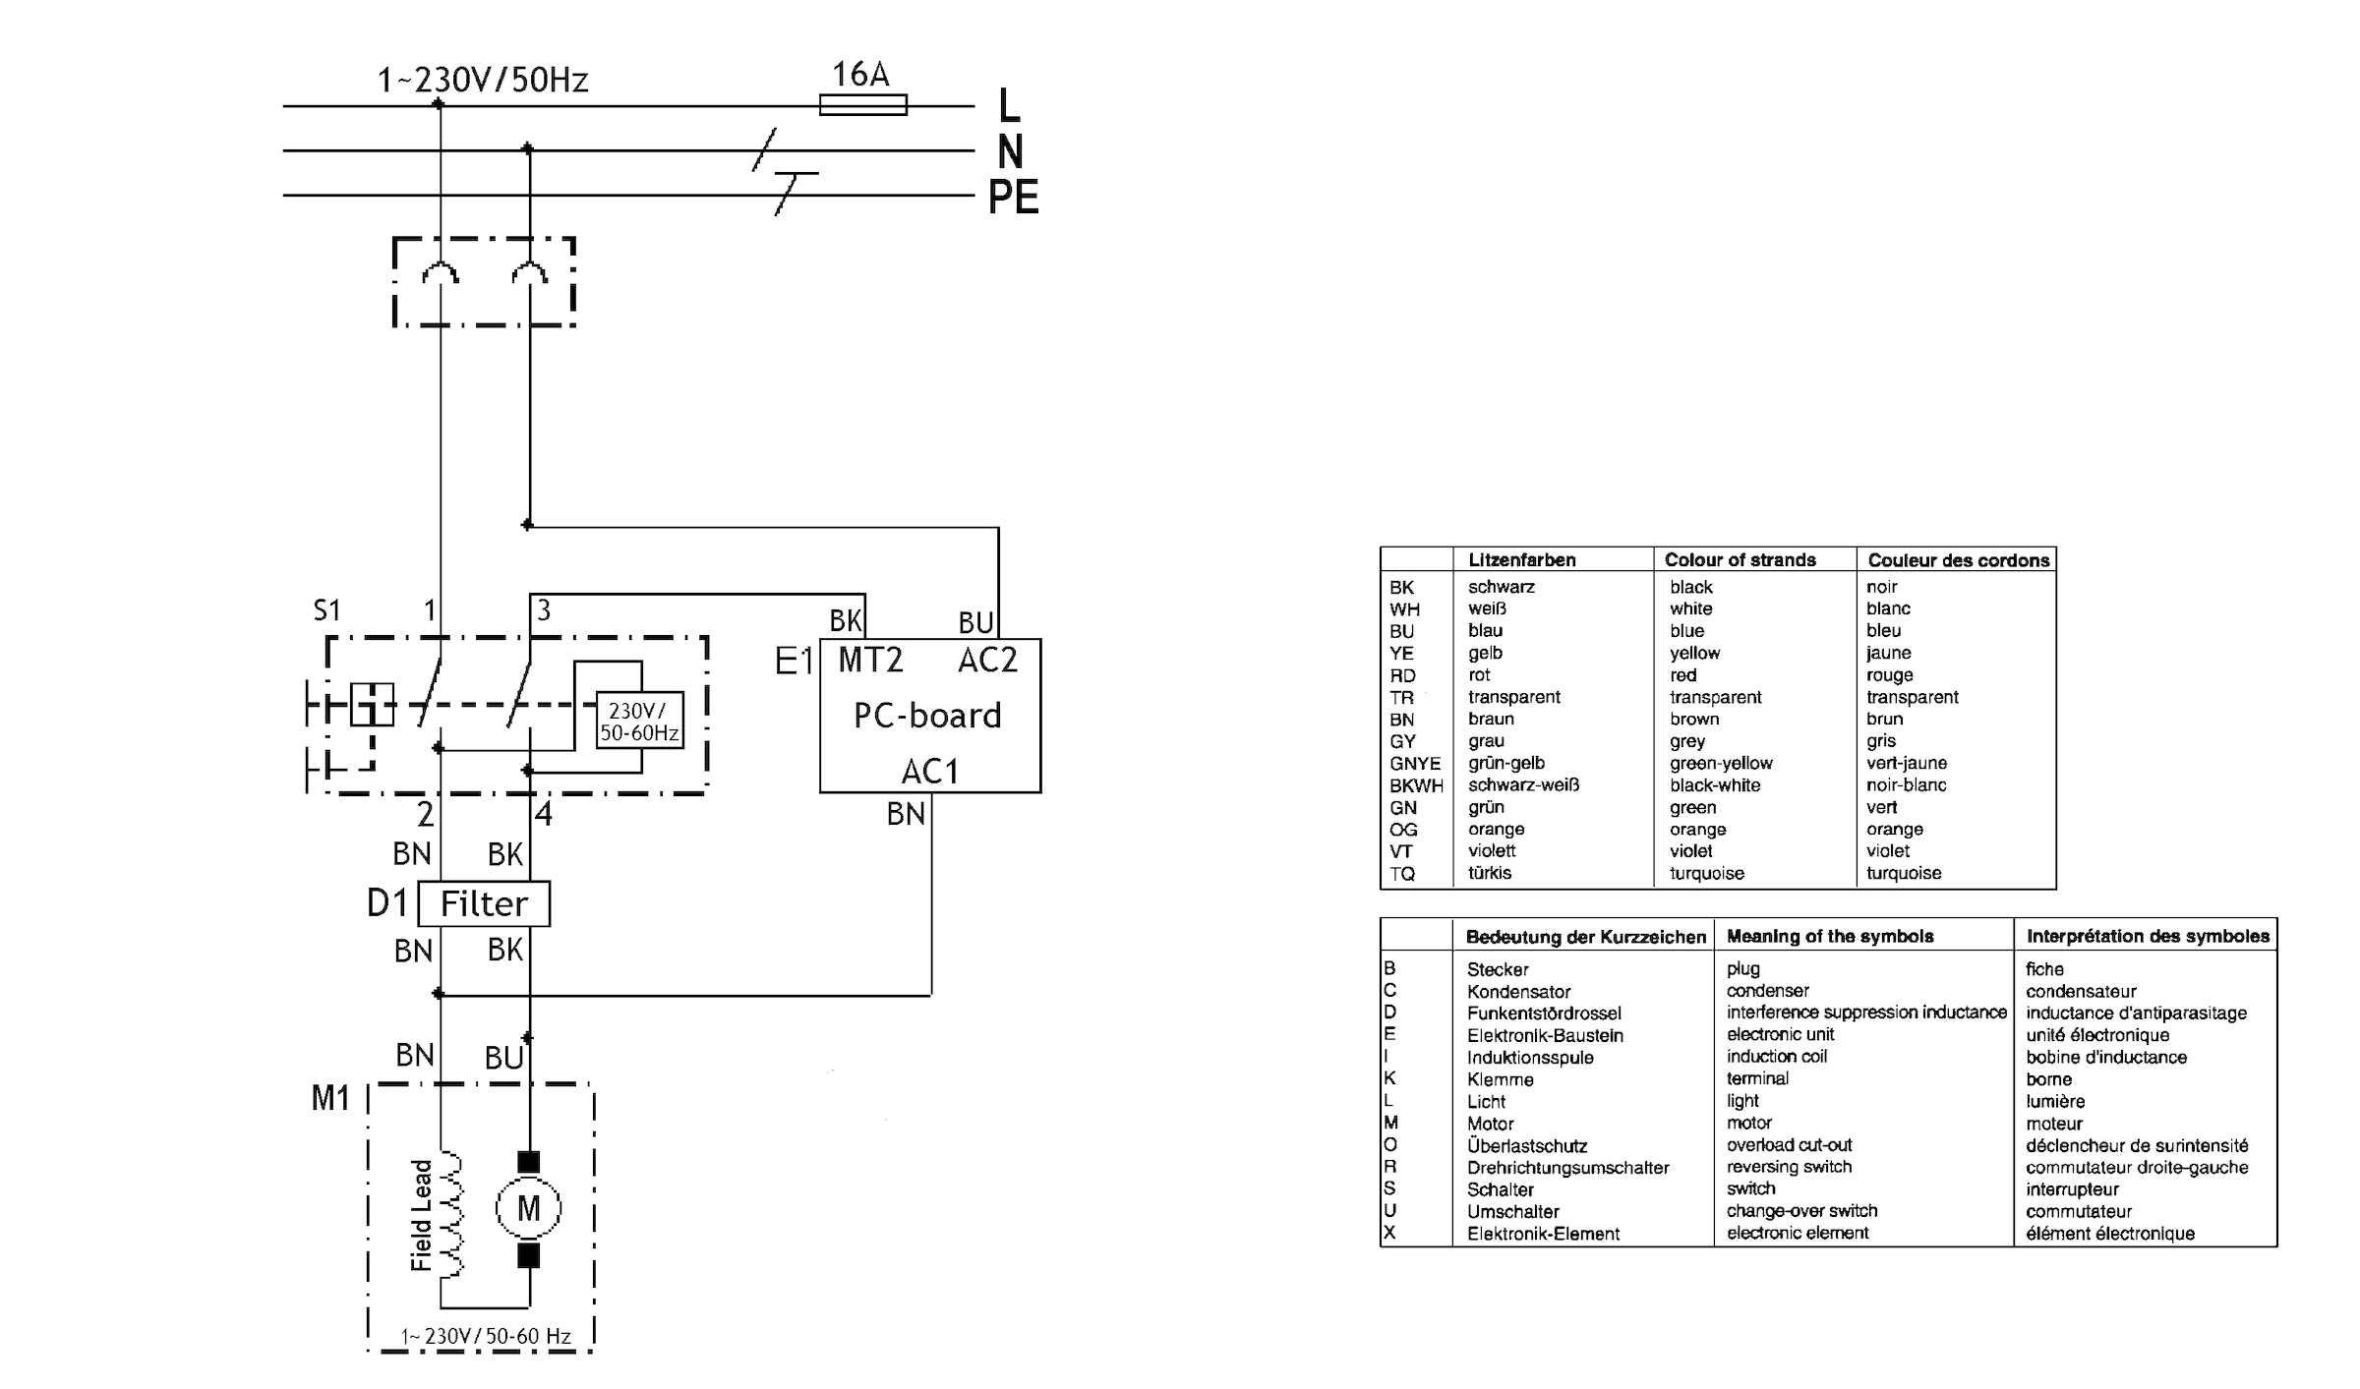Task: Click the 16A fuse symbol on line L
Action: click(862, 104)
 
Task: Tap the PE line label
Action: click(1013, 198)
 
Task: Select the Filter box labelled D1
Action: click(484, 903)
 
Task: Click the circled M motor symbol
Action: click(528, 1208)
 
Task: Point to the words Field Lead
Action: click(422, 1215)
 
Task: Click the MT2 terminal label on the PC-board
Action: click(870, 660)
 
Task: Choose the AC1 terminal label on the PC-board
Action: click(929, 772)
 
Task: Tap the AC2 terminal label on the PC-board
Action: click(987, 660)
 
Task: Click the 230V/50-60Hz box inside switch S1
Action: click(639, 721)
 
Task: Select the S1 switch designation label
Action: click(326, 610)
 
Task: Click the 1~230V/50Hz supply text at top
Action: click(483, 80)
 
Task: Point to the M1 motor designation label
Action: click(330, 1098)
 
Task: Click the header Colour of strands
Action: click(1740, 559)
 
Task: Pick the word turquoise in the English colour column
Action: click(1706, 873)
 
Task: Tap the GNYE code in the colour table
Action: click(1414, 763)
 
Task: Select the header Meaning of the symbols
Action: click(1830, 936)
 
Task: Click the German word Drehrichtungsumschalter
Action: click(1567, 1168)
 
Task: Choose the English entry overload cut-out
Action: click(1789, 1145)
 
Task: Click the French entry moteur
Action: click(2054, 1124)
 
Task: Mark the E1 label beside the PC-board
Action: click(794, 661)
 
